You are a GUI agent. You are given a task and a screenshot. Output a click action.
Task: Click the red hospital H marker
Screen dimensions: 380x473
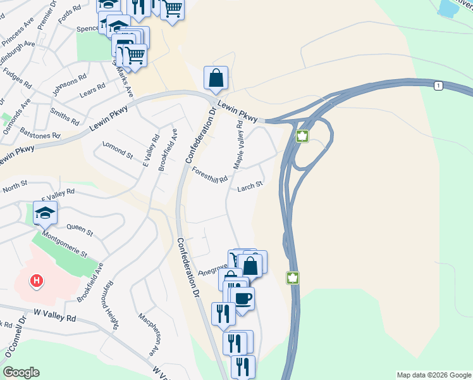coord(37,280)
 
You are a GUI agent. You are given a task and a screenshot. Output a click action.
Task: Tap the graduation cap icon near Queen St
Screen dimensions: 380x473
coord(45,214)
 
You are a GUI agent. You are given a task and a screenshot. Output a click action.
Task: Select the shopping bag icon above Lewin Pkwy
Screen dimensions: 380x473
coord(216,79)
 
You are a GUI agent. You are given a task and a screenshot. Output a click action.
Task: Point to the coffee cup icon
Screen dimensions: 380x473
coord(243,299)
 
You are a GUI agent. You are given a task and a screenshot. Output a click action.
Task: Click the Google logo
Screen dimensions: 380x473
coord(21,372)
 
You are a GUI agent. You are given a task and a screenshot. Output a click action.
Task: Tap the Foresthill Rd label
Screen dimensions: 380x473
coord(209,175)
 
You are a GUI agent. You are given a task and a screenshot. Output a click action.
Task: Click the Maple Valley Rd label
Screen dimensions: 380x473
coord(239,145)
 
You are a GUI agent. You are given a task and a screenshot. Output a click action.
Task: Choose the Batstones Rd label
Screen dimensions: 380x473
coord(40,135)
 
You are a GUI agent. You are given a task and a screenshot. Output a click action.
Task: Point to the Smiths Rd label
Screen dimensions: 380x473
coord(65,118)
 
